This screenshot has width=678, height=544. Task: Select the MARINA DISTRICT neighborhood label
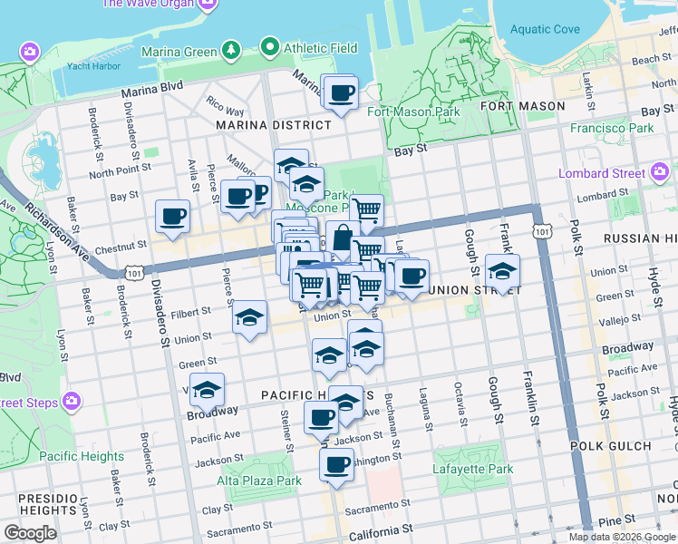[x=273, y=125]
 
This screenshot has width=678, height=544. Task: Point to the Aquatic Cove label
[x=544, y=29]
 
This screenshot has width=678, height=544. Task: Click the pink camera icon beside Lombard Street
[x=660, y=172]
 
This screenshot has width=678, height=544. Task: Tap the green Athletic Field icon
[x=268, y=47]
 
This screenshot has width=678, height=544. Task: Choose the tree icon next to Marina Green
[x=231, y=49]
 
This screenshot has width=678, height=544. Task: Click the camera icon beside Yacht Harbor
[x=30, y=52]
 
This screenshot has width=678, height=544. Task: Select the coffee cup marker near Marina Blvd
[x=342, y=93]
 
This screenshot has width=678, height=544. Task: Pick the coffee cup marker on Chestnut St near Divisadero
[x=172, y=217]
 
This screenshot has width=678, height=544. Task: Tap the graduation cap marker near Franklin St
[x=502, y=270]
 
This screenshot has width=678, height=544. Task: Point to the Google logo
[x=31, y=532]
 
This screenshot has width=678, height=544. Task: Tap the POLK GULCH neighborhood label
[x=610, y=446]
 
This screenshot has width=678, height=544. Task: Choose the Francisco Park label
[x=612, y=128]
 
